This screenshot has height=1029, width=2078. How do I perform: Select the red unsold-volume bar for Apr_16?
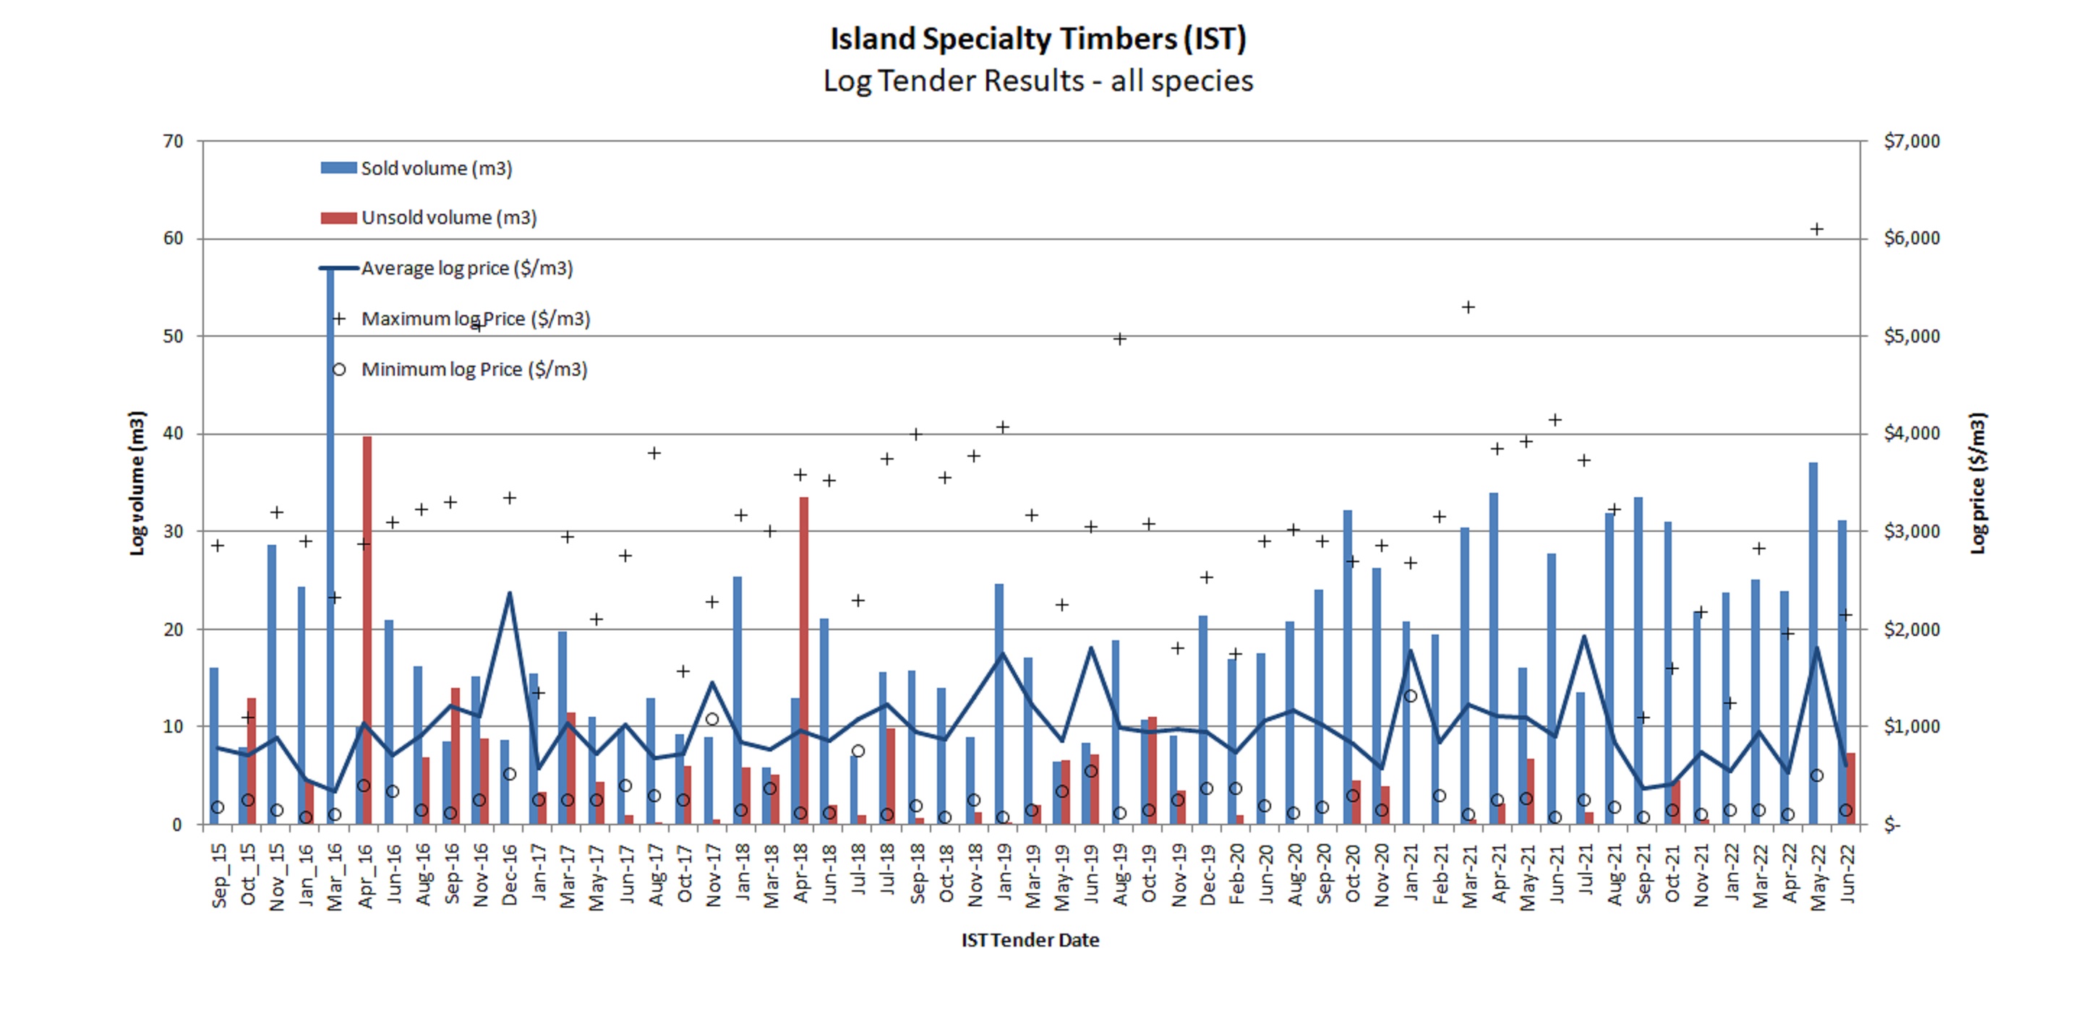point(367,629)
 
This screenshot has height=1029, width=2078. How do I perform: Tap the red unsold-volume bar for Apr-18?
point(803,661)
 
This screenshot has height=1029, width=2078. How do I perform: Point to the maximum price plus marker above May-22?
point(1817,229)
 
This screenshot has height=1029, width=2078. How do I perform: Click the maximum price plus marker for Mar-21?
point(1468,307)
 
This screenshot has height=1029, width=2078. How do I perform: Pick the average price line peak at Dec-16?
point(509,593)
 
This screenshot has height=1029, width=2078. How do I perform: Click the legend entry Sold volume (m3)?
point(435,168)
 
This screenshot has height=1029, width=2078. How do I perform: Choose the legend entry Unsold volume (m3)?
point(448,218)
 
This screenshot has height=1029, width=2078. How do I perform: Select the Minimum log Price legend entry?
point(474,369)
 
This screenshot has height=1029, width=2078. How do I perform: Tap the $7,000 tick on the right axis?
point(1911,141)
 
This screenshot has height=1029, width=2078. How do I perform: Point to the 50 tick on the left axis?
point(174,336)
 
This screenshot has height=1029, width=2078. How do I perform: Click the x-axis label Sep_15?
point(218,875)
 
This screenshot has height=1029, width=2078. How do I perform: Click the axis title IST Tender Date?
point(1030,940)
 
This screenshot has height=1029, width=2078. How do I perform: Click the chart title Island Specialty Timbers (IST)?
point(1038,39)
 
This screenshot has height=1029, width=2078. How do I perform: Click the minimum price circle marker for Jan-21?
point(1410,696)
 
